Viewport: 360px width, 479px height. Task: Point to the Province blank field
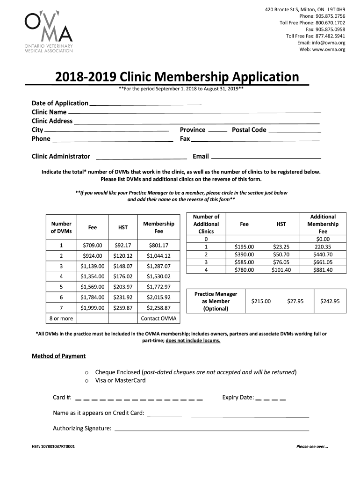click(217, 130)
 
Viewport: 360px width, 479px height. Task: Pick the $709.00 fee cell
click(93, 245)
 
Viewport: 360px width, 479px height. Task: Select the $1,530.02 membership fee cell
click(158, 276)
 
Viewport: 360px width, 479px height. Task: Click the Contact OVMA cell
click(158, 319)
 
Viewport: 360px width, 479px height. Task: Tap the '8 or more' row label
click(61, 319)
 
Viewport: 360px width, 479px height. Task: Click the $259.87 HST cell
click(123, 308)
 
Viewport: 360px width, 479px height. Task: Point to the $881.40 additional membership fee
click(323, 270)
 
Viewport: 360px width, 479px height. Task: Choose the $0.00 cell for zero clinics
click(323, 239)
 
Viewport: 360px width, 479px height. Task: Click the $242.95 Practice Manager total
click(330, 302)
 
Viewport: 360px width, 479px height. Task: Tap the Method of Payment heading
click(58, 356)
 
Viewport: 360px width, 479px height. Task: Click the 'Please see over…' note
click(312, 446)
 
